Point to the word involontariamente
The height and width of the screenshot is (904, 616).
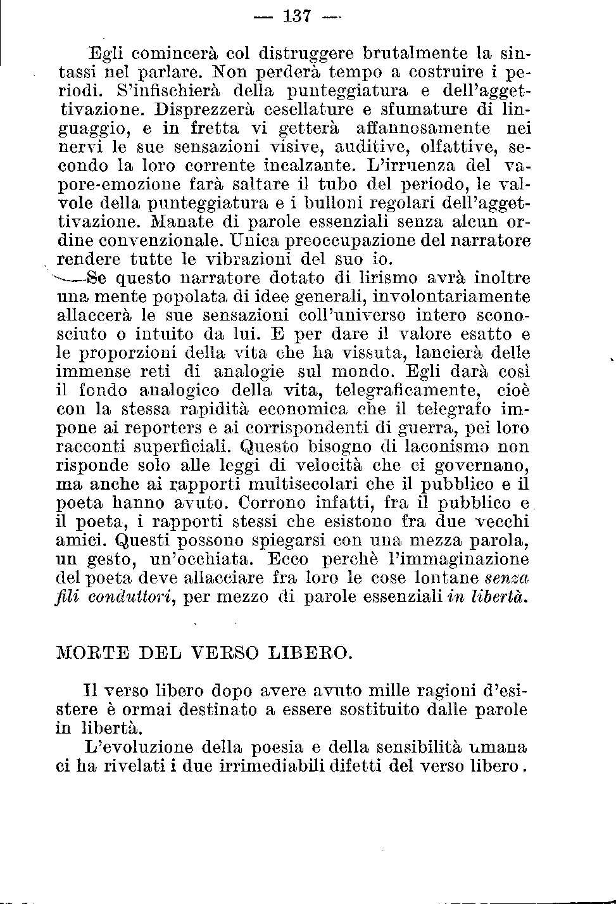[451, 296]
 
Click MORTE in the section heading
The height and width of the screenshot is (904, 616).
[91, 652]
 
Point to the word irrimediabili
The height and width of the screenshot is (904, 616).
[268, 766]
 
